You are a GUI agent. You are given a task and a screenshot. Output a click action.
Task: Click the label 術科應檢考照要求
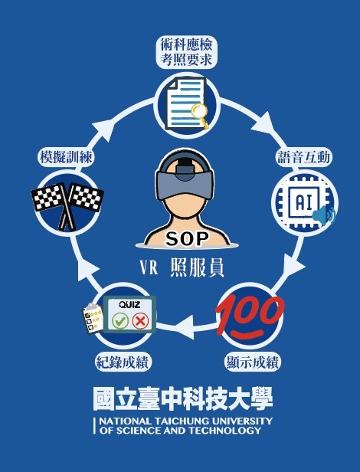[186, 52]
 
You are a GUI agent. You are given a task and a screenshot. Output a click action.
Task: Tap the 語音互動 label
[303, 157]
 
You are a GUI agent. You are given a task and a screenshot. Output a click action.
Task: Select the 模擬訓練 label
[66, 157]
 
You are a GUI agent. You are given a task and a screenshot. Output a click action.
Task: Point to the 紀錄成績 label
[122, 362]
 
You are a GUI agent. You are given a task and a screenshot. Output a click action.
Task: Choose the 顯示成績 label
[252, 362]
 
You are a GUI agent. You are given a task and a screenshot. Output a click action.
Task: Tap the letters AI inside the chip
[303, 202]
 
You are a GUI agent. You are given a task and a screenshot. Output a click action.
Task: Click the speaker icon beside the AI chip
[324, 215]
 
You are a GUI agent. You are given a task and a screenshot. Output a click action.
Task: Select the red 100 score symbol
[250, 316]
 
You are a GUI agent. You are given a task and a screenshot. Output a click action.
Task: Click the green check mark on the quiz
[120, 321]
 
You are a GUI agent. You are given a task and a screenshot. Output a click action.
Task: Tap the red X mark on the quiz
[140, 321]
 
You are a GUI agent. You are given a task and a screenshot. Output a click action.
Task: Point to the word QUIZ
[129, 305]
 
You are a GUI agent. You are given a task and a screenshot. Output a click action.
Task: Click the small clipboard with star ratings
[93, 318]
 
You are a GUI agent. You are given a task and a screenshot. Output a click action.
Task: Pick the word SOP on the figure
[187, 239]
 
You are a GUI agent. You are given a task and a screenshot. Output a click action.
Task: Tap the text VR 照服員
[182, 267]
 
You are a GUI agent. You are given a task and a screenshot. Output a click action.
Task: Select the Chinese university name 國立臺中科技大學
[183, 399]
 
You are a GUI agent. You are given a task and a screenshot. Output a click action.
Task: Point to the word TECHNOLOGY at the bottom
[225, 431]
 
